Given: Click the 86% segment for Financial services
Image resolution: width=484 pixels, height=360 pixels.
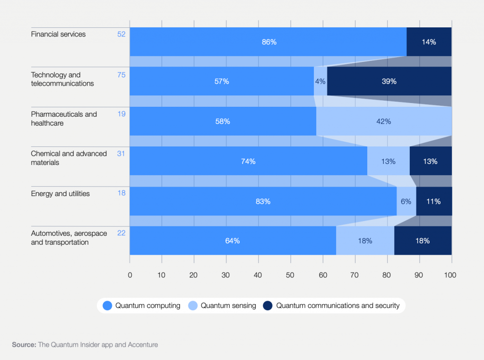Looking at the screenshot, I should tap(268, 42).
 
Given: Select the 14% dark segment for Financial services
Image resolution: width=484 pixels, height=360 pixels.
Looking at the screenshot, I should tap(429, 42).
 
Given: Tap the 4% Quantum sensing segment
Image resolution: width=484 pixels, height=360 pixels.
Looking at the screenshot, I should tap(320, 81).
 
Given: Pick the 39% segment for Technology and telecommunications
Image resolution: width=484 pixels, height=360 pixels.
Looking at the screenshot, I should tap(389, 81).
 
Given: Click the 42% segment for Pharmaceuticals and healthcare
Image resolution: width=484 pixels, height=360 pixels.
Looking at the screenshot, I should tap(383, 121).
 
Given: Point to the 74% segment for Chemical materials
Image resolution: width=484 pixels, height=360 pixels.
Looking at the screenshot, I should tap(248, 161).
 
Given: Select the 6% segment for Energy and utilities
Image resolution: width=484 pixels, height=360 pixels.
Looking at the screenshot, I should tap(406, 201).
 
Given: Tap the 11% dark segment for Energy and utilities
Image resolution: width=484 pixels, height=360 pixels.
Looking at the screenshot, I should tap(433, 201).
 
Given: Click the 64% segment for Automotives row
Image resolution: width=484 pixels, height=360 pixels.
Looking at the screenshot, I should tap(233, 241).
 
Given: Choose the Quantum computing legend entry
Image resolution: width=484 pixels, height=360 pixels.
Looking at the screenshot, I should tap(141, 306).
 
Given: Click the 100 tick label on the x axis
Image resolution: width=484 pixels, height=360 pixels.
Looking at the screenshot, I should tap(450, 274).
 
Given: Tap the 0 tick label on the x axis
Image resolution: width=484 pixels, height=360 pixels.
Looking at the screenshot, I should tap(130, 274).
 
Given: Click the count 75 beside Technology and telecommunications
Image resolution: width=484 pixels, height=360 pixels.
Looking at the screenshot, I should tap(121, 75).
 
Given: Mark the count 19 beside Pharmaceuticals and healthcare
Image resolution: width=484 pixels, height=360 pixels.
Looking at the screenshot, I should tap(121, 114).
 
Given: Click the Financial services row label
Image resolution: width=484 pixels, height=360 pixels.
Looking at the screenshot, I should tap(58, 34).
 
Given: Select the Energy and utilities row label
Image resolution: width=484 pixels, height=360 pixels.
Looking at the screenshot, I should tap(60, 194).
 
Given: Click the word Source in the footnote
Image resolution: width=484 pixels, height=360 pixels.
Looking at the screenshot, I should tap(24, 345).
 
